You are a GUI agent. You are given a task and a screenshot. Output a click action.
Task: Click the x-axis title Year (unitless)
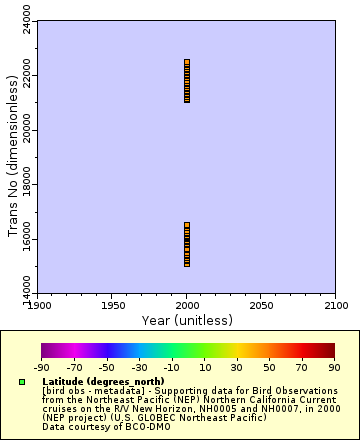[186, 319]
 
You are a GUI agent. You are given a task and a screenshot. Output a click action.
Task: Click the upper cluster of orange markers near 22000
[187, 81]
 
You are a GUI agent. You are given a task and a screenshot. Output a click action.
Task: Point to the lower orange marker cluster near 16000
[187, 245]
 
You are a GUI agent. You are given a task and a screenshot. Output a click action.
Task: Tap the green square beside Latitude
[21, 382]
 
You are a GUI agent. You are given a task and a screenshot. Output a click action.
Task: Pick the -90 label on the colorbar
[41, 367]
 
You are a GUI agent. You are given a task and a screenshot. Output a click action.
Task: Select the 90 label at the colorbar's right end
[333, 367]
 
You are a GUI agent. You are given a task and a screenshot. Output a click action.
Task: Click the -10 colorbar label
[171, 367]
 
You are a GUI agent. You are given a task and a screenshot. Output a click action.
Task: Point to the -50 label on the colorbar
[106, 367]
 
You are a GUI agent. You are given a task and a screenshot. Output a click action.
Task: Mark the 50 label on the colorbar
[268, 367]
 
